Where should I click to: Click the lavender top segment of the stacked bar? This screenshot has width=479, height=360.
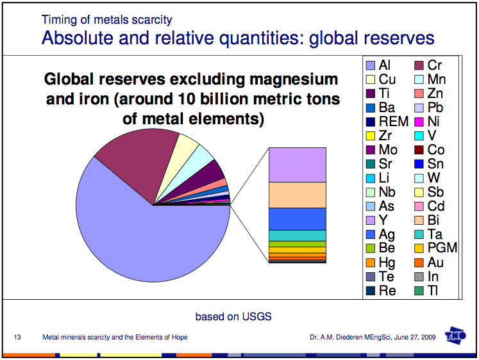(297, 165)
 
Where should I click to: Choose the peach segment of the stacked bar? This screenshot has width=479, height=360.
(297, 195)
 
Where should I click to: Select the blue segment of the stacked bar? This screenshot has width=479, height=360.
(297, 218)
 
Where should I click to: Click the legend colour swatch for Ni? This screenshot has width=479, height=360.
(418, 121)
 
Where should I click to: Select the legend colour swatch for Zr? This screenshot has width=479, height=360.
(369, 135)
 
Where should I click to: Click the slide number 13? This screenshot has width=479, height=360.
(18, 338)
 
